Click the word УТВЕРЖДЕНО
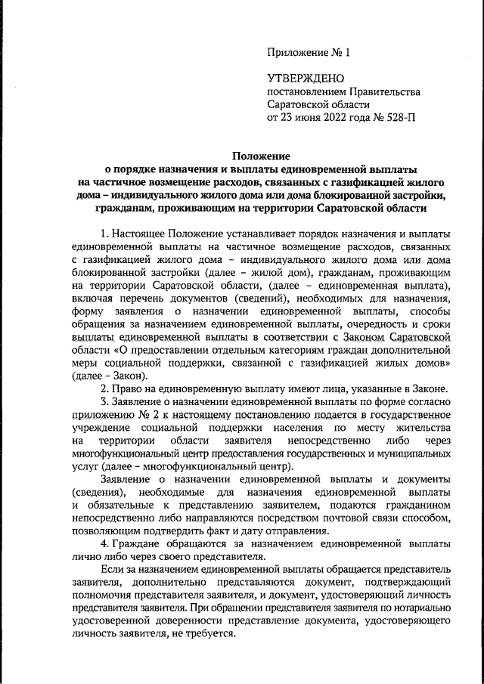coord(306,79)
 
